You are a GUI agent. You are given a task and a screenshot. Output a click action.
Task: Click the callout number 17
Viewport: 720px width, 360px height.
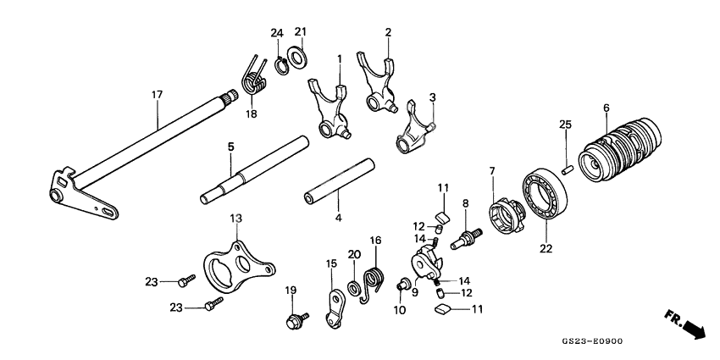(157, 95)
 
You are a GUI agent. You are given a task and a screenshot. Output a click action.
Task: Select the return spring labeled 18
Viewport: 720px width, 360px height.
(253, 75)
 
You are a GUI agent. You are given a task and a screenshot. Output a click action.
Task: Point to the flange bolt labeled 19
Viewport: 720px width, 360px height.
(297, 320)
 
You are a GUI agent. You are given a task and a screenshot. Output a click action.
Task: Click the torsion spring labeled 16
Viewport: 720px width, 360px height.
(372, 280)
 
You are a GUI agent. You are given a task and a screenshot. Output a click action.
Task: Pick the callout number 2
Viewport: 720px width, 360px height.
(388, 32)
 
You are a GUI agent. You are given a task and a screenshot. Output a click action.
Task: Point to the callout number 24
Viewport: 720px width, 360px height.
(275, 32)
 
